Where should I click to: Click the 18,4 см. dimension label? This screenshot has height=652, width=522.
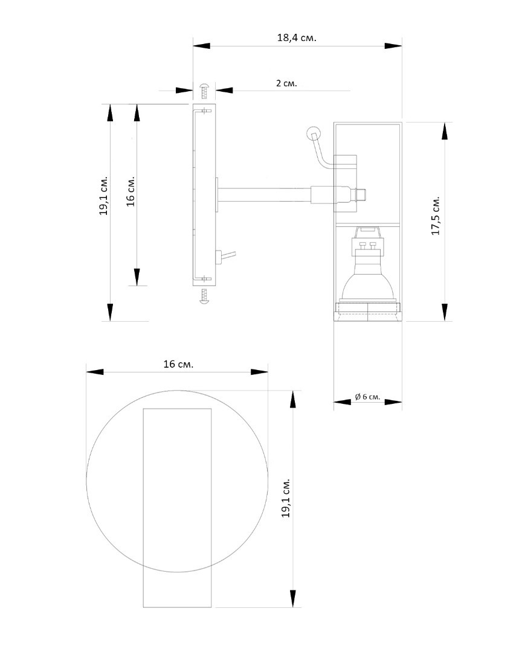(297, 38)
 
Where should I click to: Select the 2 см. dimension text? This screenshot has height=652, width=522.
(287, 83)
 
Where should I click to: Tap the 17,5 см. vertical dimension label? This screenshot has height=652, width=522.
(436, 216)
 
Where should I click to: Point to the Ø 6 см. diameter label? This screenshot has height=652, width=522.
(367, 397)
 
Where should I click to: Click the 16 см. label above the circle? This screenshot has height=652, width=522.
(178, 364)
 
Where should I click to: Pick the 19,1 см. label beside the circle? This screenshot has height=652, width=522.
(286, 497)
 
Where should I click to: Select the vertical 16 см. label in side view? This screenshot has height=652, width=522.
(130, 191)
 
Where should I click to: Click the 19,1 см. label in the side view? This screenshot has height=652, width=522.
(104, 196)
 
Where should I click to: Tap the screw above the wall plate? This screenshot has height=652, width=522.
(204, 90)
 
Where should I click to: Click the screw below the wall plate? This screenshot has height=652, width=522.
(204, 296)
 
